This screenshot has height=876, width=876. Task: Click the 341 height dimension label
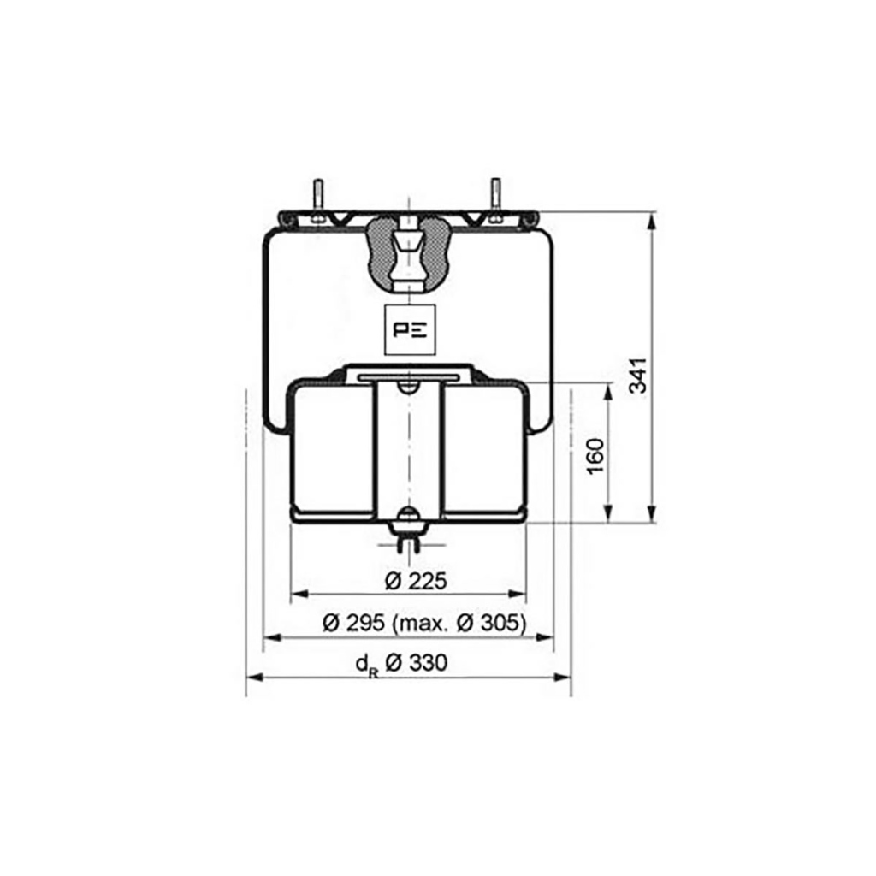[638, 376]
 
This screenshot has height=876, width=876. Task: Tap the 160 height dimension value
[596, 455]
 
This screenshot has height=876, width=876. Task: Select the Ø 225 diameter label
[417, 581]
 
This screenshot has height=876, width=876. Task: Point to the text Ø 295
[353, 623]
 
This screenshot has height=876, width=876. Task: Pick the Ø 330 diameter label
[417, 663]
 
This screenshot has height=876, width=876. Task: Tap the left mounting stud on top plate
[318, 202]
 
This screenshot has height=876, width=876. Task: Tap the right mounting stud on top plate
[495, 202]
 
